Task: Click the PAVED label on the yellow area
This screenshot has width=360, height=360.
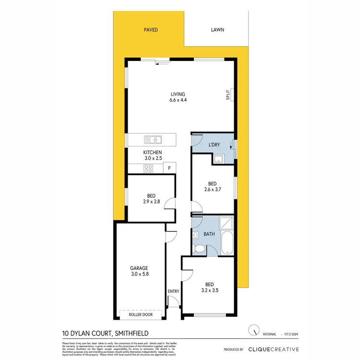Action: (x=151, y=30)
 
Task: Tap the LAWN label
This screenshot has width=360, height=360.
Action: (x=217, y=30)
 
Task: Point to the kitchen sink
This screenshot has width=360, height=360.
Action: (x=153, y=140)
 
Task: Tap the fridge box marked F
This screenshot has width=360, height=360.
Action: (x=169, y=168)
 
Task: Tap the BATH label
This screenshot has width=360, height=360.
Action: (x=208, y=234)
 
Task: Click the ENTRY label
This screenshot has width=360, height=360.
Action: (x=173, y=291)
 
